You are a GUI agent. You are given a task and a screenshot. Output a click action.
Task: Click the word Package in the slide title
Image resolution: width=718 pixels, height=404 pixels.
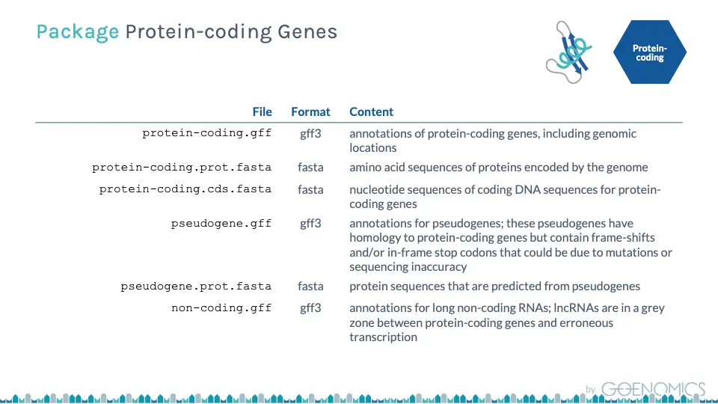pos(77,32)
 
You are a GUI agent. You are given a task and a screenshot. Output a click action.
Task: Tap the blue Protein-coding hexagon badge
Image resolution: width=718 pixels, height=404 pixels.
pos(650,52)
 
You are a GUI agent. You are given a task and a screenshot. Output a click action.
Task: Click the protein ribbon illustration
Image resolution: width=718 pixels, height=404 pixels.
pos(568,52)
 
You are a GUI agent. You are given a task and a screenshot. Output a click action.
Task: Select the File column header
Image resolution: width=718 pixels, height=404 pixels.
pos(262,111)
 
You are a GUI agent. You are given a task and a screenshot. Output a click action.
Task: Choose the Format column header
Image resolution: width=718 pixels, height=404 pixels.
pos(310,111)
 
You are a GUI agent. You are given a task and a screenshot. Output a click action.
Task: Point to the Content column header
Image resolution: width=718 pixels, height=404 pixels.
pos(372,111)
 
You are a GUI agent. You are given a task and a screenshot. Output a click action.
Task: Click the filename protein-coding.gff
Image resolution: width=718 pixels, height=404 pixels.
pos(207,133)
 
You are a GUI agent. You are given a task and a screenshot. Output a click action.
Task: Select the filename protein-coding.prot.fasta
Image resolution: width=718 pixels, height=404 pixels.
pos(182,168)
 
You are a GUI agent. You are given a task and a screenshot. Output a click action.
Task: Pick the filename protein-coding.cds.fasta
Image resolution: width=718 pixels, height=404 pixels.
pos(185,189)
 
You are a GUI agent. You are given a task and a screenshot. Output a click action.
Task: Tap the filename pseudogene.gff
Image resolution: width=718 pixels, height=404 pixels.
pos(221,224)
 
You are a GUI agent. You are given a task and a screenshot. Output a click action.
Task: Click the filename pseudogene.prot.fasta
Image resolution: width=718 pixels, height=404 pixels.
pos(196,287)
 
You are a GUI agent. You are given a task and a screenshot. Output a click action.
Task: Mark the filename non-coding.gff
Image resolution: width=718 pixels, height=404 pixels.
pos(221,307)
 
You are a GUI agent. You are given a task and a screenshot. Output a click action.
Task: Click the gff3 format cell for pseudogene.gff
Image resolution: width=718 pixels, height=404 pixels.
pos(310,224)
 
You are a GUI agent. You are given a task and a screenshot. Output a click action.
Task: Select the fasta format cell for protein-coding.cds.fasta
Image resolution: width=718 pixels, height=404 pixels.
pos(310,189)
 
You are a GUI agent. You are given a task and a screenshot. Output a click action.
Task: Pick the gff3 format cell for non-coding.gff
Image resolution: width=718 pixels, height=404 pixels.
pos(310,307)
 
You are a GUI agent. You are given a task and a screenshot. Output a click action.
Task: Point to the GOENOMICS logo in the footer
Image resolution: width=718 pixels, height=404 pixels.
pos(653,389)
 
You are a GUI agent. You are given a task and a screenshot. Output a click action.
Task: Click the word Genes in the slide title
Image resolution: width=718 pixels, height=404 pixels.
pos(307,32)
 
